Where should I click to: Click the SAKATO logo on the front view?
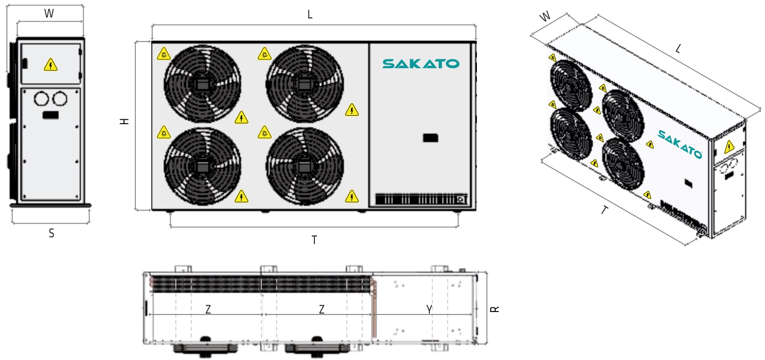(421, 64)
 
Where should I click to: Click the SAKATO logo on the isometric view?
(680, 143)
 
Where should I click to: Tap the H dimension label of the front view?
(126, 121)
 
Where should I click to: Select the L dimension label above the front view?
(310, 15)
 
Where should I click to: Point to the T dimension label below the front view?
(314, 240)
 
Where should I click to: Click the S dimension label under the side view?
(51, 234)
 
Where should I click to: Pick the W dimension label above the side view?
(49, 14)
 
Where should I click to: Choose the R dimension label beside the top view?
(495, 309)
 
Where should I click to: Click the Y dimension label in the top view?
(429, 310)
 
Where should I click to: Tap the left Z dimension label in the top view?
(208, 310)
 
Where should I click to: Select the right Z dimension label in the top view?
(322, 310)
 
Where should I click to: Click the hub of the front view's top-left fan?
(202, 84)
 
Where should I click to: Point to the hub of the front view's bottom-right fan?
(304, 166)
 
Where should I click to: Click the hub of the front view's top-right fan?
(304, 84)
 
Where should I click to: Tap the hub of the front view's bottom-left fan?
(202, 166)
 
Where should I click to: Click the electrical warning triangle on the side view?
(50, 64)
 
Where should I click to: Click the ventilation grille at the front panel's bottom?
(420, 199)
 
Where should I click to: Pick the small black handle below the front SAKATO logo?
(430, 138)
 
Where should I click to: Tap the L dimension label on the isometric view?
(678, 48)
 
